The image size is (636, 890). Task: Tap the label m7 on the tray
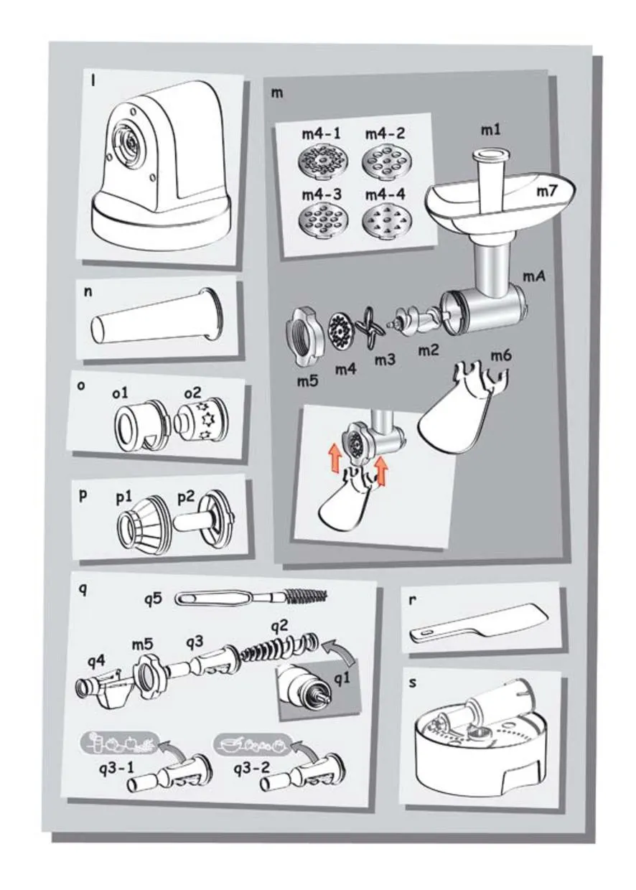(x=548, y=192)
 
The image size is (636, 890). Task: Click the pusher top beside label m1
(x=490, y=154)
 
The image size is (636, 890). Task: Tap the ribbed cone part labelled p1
(x=143, y=521)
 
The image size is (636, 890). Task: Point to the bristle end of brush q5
(x=307, y=596)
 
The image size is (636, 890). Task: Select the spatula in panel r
(x=479, y=624)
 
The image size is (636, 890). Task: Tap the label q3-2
(x=252, y=768)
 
